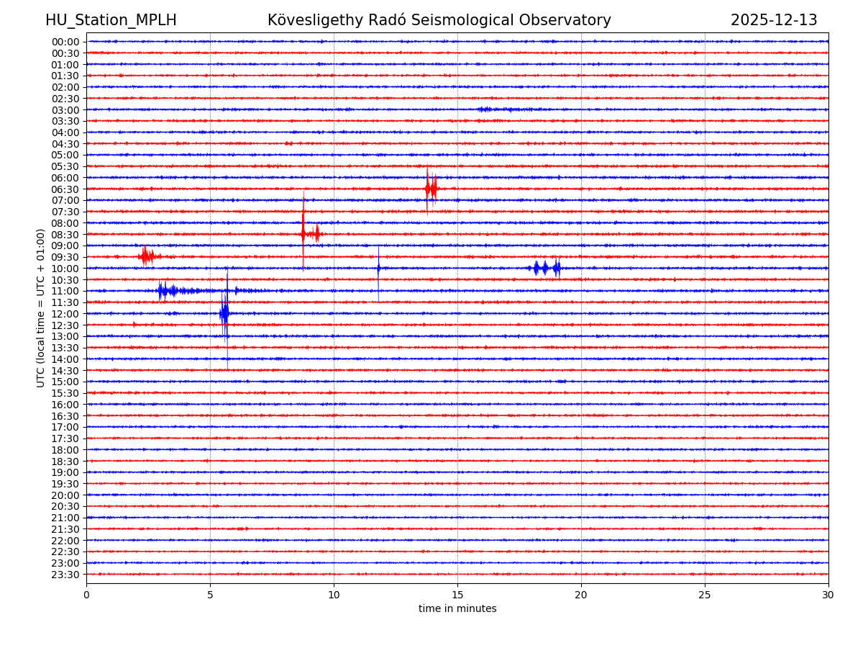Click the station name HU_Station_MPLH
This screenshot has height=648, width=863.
click(x=111, y=21)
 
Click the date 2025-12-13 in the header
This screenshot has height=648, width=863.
click(x=774, y=21)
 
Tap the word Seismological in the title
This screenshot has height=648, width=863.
click(x=457, y=21)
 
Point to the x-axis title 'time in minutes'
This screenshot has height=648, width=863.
click(x=457, y=609)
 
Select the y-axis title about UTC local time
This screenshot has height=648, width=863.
click(x=41, y=308)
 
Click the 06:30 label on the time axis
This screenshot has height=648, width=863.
click(x=65, y=189)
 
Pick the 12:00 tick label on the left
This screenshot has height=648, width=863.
click(x=65, y=314)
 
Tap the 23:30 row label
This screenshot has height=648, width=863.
click(x=65, y=575)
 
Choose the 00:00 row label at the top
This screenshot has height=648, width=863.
click(x=65, y=42)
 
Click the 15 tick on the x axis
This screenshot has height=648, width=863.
click(x=457, y=595)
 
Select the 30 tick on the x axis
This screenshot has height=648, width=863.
click(x=828, y=595)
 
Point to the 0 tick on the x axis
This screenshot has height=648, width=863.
click(x=86, y=595)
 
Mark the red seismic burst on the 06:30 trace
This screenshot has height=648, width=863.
click(x=431, y=189)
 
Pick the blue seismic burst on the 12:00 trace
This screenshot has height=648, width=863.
click(x=225, y=313)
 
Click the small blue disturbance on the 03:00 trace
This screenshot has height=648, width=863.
click(x=493, y=109)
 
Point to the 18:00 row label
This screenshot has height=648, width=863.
click(x=65, y=450)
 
